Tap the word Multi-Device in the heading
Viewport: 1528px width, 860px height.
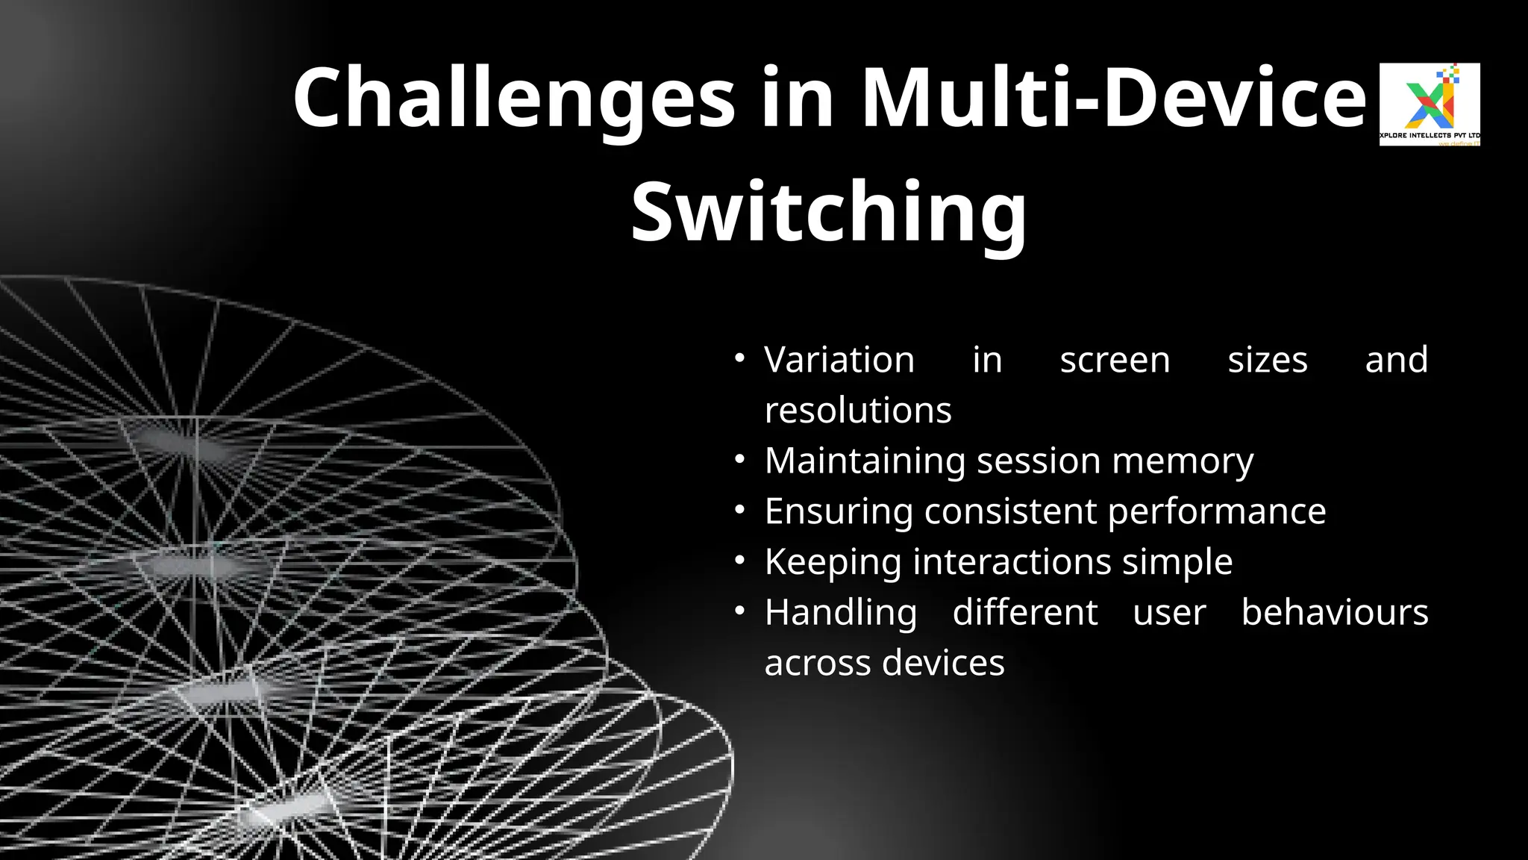[x=1113, y=99]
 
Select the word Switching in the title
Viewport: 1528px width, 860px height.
[x=829, y=213]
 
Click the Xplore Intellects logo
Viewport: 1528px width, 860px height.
[x=1430, y=104]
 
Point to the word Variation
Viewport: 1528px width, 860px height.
[x=839, y=360]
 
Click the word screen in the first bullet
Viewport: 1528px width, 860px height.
[x=1115, y=360]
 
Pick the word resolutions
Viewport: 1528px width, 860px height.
[x=858, y=410]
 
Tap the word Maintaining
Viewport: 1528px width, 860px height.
[x=865, y=461]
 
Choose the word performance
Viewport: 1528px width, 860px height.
[x=1217, y=511]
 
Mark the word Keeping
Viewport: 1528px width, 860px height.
[x=833, y=561]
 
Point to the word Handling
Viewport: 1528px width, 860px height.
[x=841, y=612]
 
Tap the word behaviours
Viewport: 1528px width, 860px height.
[x=1335, y=612]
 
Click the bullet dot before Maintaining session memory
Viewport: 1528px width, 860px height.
[x=739, y=460]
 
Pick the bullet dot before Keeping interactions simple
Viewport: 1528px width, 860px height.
[x=739, y=561]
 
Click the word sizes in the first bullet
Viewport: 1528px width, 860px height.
[x=1268, y=360]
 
